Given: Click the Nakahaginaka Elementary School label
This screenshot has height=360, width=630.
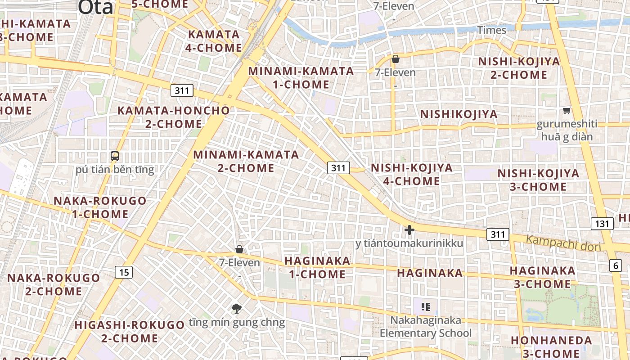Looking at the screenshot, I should tap(426, 327).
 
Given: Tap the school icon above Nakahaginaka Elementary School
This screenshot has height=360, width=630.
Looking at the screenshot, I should tap(426, 307).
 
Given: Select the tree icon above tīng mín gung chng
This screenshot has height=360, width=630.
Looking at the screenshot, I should tap(237, 308).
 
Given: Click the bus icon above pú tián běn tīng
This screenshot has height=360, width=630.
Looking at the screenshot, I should tap(115, 156).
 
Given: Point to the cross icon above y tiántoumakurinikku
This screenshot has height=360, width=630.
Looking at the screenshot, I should tap(409, 230).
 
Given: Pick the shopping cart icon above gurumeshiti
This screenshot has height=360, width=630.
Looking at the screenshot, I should tap(567, 110).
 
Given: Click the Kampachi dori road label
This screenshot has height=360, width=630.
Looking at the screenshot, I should tap(563, 242).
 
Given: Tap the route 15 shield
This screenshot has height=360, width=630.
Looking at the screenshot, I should tap(124, 272).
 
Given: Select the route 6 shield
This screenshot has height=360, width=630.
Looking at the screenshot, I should tap(616, 265).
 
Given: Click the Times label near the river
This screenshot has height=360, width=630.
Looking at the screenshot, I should tap(491, 30).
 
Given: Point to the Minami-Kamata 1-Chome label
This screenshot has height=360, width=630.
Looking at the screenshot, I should tap(301, 78).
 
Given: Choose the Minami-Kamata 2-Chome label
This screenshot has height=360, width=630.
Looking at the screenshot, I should tap(246, 161).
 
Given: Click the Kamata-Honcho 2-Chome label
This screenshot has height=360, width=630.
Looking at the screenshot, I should tap(173, 117).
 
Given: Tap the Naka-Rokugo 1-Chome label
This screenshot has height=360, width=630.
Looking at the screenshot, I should tap(100, 207).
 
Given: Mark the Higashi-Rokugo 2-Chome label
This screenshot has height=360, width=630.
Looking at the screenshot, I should tap(130, 331).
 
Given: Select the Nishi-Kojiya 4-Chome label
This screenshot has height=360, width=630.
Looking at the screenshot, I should tap(411, 174).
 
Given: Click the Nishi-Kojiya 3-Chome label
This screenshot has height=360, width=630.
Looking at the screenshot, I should tap(538, 180).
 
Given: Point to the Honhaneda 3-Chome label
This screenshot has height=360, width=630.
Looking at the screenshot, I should tap(551, 346).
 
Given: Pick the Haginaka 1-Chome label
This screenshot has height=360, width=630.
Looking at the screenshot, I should tap(317, 267).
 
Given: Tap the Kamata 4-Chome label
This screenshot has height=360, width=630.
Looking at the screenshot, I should tap(214, 41).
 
